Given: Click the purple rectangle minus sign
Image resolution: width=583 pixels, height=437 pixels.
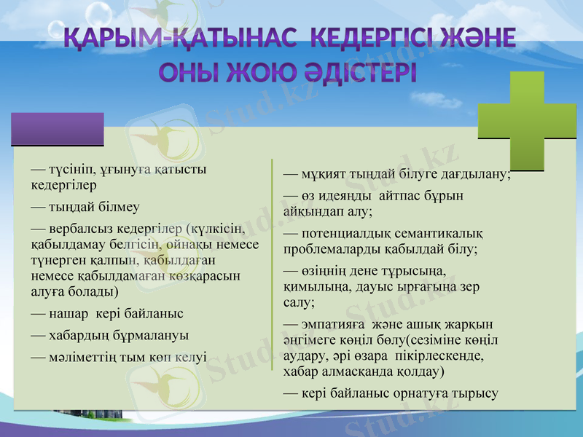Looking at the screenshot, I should pyautogui.click(x=58, y=129).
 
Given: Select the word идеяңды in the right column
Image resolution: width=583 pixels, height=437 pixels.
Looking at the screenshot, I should pyautogui.click(x=342, y=196).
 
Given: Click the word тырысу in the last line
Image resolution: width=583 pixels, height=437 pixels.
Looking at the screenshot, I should pyautogui.click(x=476, y=393).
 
